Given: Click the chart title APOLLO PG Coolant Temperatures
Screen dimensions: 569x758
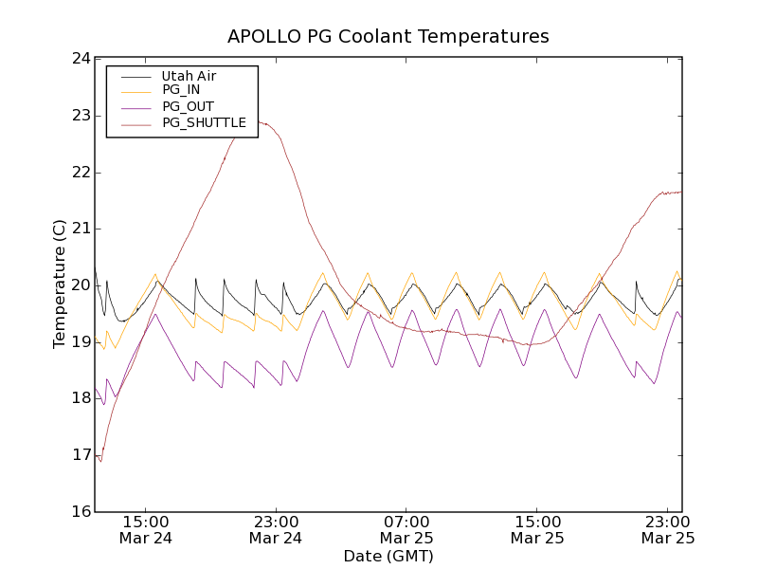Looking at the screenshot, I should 388,37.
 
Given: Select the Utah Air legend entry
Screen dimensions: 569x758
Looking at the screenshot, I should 189,76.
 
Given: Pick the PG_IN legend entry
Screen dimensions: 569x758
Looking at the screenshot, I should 181,90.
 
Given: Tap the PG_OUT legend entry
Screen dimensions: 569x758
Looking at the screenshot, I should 188,106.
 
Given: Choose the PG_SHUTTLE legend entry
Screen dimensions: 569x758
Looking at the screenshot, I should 204,122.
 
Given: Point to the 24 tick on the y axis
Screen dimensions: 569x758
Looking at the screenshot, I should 81,59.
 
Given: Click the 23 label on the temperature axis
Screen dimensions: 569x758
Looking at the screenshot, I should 81,116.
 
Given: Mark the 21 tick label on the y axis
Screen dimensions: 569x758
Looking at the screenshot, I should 81,229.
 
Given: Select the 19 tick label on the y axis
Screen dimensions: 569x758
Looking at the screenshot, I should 81,341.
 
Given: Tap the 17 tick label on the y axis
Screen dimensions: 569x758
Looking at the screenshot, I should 81,455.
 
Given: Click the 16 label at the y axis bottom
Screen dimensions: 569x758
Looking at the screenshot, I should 81,512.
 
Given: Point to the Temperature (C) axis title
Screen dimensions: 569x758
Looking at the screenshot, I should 60,284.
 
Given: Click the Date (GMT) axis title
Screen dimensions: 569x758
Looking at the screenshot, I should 388,556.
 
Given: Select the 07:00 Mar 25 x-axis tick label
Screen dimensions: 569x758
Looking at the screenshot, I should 406,529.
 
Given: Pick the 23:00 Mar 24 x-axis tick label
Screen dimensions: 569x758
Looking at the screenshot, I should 276,529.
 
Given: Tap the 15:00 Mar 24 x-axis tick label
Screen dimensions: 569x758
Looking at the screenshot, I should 145,529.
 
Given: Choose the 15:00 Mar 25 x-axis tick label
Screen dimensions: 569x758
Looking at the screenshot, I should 537,529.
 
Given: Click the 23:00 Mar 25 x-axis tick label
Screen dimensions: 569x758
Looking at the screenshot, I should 668,529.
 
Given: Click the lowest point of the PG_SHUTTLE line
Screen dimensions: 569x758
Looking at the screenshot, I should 100,461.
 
